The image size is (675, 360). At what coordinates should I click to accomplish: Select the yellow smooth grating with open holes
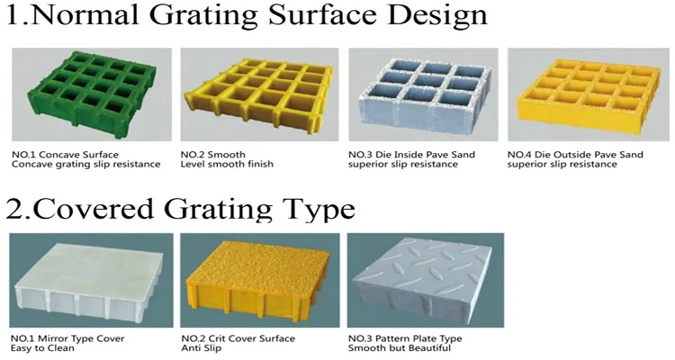coord(258,95)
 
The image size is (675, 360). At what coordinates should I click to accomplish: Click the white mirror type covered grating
coord(89,281)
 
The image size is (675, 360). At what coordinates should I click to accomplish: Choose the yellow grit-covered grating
coord(257,283)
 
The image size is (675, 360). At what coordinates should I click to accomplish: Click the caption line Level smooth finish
coord(227,164)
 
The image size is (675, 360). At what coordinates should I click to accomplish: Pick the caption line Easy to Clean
coord(42,348)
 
